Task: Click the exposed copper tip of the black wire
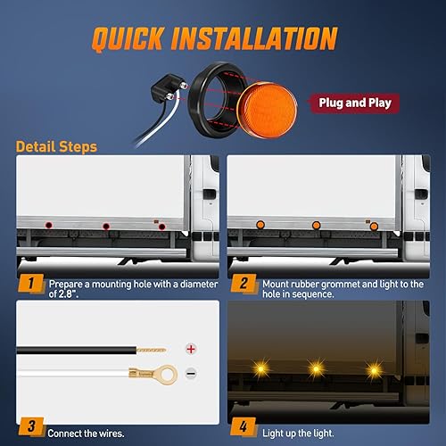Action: point(148,347)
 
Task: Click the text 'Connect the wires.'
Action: point(87,432)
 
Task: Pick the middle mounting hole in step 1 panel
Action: point(106,227)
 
